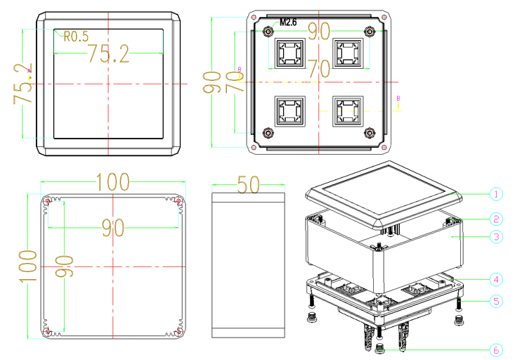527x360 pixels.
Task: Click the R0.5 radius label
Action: point(76,37)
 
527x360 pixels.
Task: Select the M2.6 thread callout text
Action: point(288,22)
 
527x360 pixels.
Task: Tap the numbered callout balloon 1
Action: point(496,194)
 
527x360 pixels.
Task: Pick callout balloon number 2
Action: point(496,219)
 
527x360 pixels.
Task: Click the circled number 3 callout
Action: point(496,237)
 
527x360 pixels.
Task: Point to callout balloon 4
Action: point(496,279)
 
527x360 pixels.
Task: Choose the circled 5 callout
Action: point(496,301)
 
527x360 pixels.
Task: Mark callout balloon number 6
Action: point(496,350)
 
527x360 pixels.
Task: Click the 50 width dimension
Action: point(248,184)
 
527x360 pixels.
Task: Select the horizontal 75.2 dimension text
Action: point(108,53)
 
